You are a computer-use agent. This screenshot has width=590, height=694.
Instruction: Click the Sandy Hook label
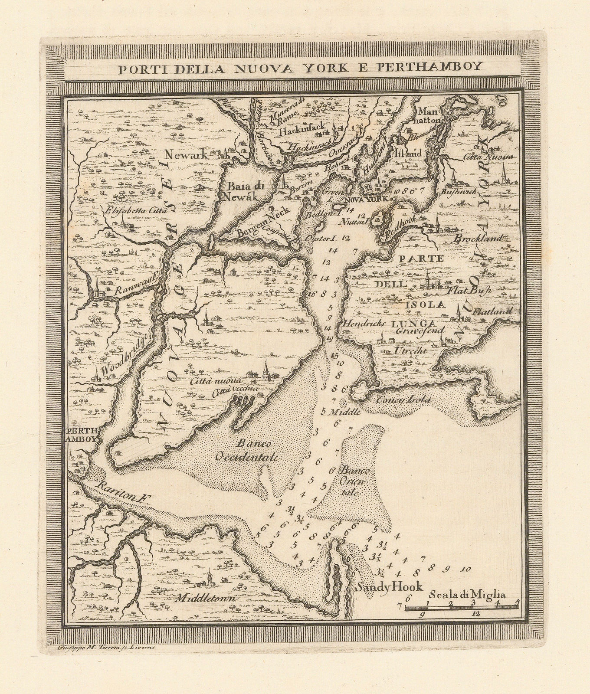tap(389, 586)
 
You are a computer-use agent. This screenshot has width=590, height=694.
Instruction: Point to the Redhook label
tap(400, 226)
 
